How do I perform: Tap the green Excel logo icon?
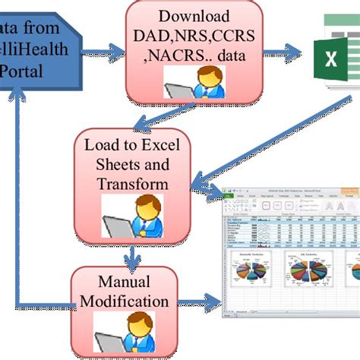(x=333, y=53)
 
